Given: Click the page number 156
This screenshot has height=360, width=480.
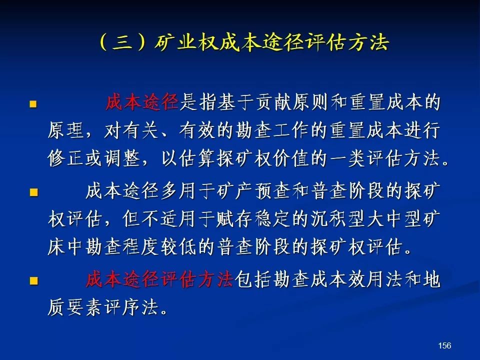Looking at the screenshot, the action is pyautogui.click(x=444, y=345).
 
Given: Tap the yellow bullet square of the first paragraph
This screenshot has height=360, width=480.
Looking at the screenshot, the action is pyautogui.click(x=33, y=104).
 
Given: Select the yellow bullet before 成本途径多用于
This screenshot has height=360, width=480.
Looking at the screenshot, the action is pyautogui.click(x=33, y=192).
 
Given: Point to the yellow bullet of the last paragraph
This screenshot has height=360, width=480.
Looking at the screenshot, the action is pyautogui.click(x=33, y=280).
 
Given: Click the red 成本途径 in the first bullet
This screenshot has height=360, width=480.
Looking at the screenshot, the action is pyautogui.click(x=142, y=102).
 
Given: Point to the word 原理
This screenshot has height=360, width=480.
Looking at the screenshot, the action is pyautogui.click(x=66, y=130).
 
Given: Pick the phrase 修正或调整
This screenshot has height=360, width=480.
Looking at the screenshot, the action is pyautogui.click(x=94, y=158).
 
